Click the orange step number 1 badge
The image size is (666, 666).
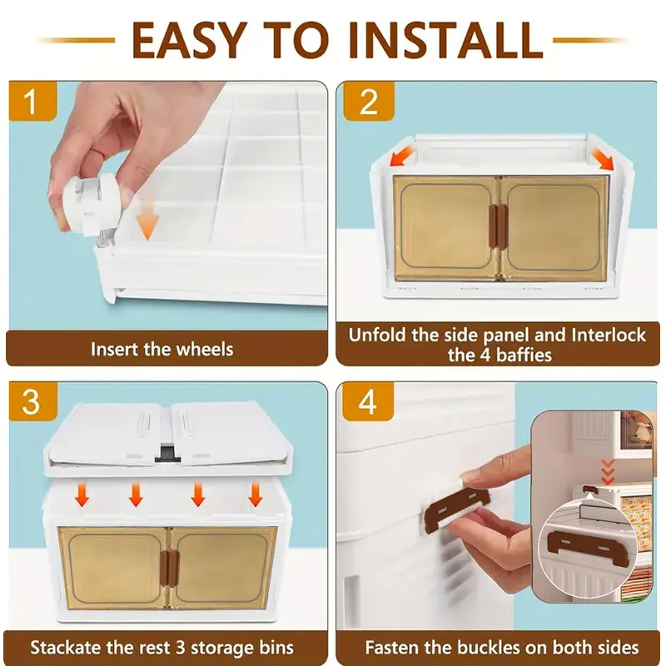tap(32, 101)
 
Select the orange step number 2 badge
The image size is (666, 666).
tap(368, 101)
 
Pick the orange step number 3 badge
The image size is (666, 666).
tap(32, 401)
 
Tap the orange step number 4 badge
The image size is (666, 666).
tap(368, 401)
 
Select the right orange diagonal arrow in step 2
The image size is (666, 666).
tap(602, 157)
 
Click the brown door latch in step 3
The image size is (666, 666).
tap(168, 567)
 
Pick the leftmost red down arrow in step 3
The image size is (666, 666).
tap(82, 495)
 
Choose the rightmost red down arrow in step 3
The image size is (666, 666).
tap(255, 495)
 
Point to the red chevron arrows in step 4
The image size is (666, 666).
tap(609, 472)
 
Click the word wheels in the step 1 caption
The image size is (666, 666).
tap(205, 349)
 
